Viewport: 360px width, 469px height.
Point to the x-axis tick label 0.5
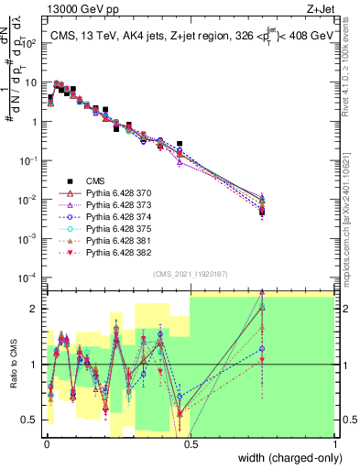click(x=190, y=444)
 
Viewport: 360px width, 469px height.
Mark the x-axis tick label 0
click(x=45, y=444)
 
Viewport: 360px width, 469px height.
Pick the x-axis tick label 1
click(x=334, y=444)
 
